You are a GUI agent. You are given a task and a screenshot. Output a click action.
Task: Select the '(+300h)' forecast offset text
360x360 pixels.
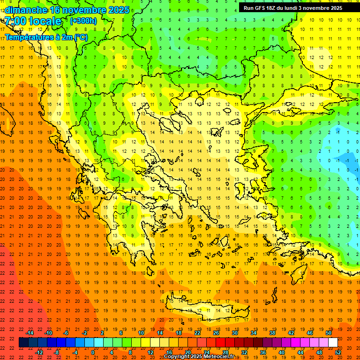pyautogui.click(x=83, y=21)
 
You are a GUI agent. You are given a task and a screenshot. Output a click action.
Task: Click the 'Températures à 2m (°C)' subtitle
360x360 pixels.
pyautogui.click(x=46, y=37)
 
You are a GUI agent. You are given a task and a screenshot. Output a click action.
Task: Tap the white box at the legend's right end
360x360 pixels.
pyautogui.click(x=333, y=343)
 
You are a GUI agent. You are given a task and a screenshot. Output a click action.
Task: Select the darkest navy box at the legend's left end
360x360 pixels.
pyautogui.click(x=23, y=343)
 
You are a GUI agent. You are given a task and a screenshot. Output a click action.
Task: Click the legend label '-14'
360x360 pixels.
pyautogui.click(x=30, y=333)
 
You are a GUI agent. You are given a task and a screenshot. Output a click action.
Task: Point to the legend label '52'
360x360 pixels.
pyautogui.click(x=338, y=352)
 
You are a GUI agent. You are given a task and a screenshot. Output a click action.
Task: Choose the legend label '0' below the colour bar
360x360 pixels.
pyautogui.click(x=93, y=352)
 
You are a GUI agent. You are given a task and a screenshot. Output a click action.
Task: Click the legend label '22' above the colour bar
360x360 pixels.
pyautogui.click(x=197, y=333)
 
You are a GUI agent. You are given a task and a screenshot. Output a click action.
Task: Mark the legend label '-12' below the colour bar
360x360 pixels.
pyautogui.click(x=39, y=352)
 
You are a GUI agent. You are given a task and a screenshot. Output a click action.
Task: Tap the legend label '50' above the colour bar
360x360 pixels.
pyautogui.click(x=329, y=333)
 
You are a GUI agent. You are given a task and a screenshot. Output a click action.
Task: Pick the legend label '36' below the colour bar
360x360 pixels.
pyautogui.click(x=263, y=352)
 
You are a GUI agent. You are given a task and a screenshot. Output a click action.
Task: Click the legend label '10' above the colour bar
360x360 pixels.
pyautogui.click(x=141, y=333)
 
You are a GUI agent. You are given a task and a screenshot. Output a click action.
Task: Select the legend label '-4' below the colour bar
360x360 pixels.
pyautogui.click(x=75, y=352)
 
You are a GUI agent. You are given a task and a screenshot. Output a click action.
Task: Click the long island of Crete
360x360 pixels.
pyautogui.click(x=206, y=309)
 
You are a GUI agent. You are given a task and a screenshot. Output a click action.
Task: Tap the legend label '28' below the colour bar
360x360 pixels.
pyautogui.click(x=225, y=352)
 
